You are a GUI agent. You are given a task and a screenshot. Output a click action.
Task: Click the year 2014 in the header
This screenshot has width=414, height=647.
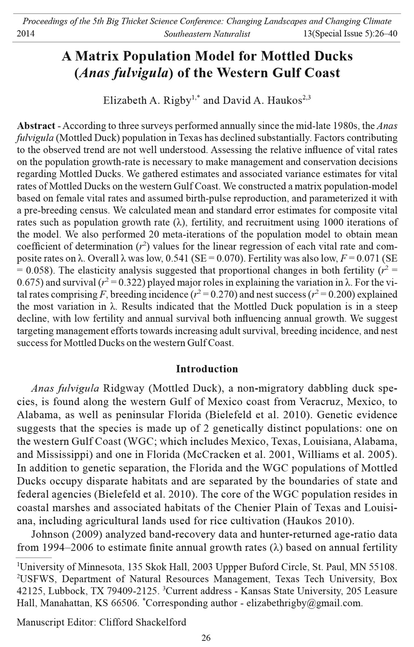click(26, 34)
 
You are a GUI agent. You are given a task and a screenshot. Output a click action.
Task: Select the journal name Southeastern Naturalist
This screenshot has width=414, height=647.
click(207, 34)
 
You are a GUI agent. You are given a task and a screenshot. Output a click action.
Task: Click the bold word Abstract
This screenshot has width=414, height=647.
click(36, 126)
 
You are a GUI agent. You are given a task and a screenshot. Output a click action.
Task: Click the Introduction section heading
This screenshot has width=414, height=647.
click(207, 369)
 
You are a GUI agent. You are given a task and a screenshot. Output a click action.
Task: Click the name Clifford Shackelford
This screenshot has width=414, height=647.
click(143, 622)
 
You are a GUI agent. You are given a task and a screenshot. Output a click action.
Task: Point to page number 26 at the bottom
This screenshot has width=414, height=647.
click(206, 638)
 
